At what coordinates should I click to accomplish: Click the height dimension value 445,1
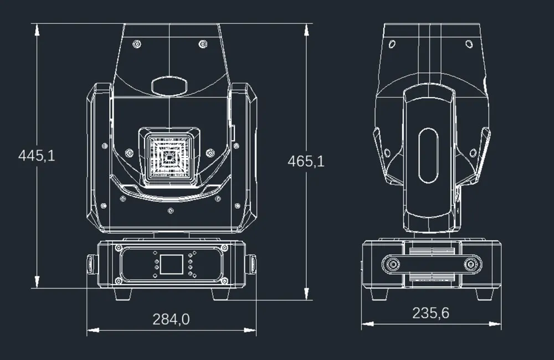pyautogui.click(x=37, y=156)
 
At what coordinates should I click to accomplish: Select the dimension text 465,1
pyautogui.click(x=306, y=161)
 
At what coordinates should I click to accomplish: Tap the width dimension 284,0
pyautogui.click(x=171, y=319)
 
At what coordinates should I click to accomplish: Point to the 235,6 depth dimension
pyautogui.click(x=430, y=313)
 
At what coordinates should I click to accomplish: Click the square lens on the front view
pyautogui.click(x=169, y=156)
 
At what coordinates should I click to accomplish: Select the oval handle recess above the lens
pyautogui.click(x=169, y=86)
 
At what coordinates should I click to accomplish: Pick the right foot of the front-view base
pyautogui.click(x=220, y=293)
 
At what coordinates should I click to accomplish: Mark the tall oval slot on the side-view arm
pyautogui.click(x=428, y=156)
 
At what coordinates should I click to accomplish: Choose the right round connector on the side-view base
pyautogui.click(x=471, y=265)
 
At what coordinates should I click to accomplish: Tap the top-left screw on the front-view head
pyautogui.click(x=136, y=44)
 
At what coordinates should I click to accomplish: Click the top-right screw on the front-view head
pyautogui.click(x=203, y=44)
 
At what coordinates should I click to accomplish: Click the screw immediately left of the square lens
pyautogui.click(x=129, y=153)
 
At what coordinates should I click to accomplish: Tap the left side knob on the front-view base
pyautogui.click(x=90, y=264)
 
